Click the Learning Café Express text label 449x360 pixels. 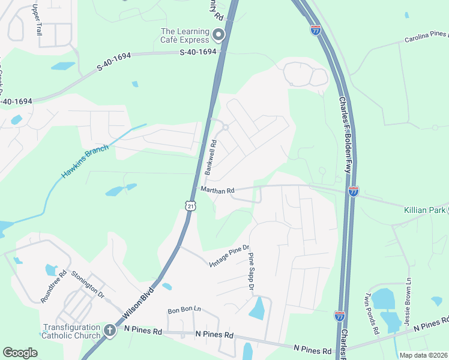(184, 35)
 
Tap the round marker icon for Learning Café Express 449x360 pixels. (219, 35)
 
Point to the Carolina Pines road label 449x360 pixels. (426, 37)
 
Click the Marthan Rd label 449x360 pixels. (217, 190)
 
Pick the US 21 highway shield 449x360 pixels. (190, 206)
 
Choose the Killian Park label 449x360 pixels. (425, 210)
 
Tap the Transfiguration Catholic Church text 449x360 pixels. (70, 331)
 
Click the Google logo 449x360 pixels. (20, 353)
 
